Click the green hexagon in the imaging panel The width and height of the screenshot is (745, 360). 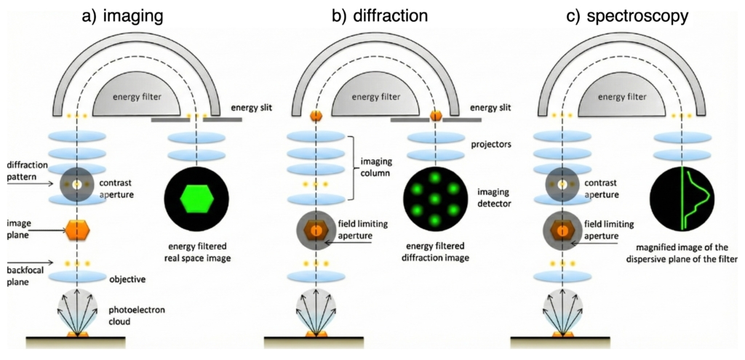(193, 197)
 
